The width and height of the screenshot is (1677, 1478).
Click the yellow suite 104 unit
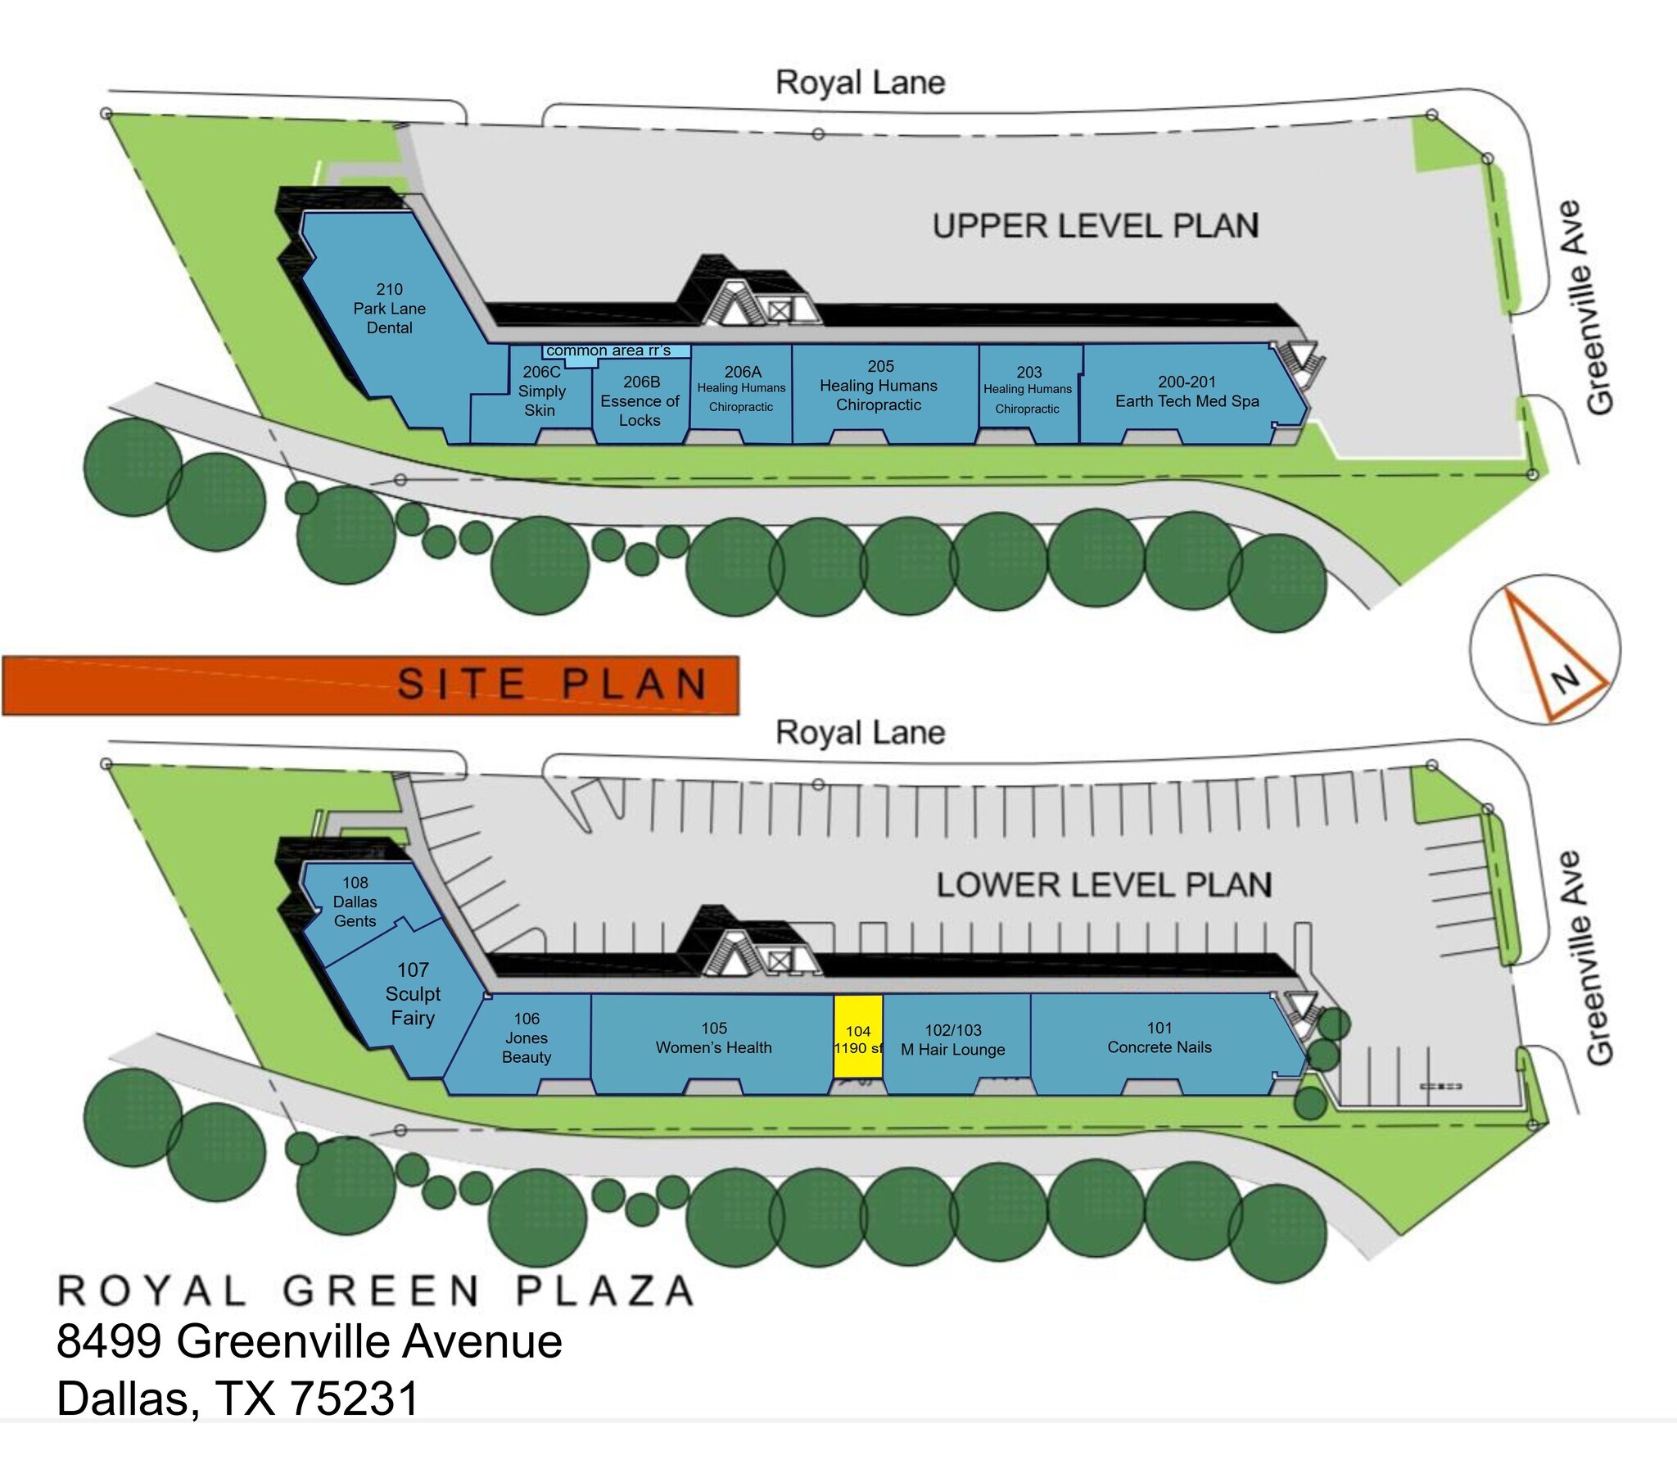pyautogui.click(x=858, y=1036)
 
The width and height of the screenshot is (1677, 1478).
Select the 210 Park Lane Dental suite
pyautogui.click(x=394, y=320)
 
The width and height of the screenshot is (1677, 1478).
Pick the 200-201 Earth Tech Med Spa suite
pyautogui.click(x=1190, y=394)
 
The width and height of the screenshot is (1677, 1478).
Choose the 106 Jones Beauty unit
pyautogui.click(x=522, y=1042)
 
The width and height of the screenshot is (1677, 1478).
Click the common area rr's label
pyautogui.click(x=608, y=350)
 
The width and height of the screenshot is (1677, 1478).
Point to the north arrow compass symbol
pyautogui.click(x=1545, y=649)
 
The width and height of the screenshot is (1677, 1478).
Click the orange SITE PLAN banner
pyautogui.click(x=371, y=685)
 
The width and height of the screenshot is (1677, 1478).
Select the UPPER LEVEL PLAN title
pyautogui.click(x=1096, y=227)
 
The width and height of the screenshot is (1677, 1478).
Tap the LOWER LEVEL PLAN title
pyautogui.click(x=1105, y=884)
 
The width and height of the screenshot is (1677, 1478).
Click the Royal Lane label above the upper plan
pyautogui.click(x=861, y=83)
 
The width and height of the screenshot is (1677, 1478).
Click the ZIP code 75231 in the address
pyautogui.click(x=355, y=1398)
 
